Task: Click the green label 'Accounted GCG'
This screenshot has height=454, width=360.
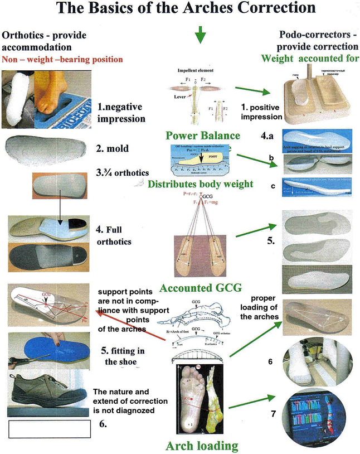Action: tap(200, 288)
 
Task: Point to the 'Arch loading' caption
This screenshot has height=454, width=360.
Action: tap(202, 445)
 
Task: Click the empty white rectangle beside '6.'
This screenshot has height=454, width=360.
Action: tap(49, 429)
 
